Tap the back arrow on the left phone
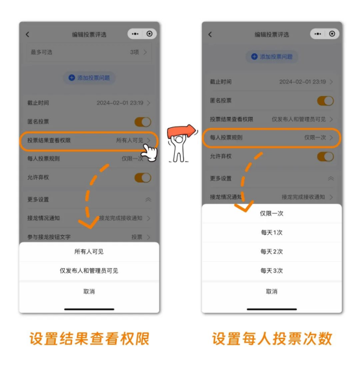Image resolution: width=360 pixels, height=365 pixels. (x=27, y=34)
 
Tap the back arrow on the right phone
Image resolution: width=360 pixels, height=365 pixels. (x=210, y=34)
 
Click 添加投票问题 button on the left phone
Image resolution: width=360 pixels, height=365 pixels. (x=89, y=78)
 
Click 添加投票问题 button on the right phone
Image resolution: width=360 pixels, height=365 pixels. (x=272, y=57)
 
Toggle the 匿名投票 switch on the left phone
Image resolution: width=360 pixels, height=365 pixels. (x=143, y=121)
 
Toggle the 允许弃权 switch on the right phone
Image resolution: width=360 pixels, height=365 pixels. (x=326, y=157)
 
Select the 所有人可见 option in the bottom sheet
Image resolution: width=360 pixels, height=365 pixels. (x=89, y=251)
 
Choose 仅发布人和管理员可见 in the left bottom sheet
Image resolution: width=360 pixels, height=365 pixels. (x=89, y=271)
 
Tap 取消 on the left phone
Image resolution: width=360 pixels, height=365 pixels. (x=89, y=292)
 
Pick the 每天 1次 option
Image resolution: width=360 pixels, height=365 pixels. (x=272, y=233)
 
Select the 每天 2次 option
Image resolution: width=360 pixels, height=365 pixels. (x=272, y=251)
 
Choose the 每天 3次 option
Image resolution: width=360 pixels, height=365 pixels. (x=272, y=271)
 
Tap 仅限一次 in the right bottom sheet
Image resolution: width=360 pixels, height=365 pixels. (x=272, y=214)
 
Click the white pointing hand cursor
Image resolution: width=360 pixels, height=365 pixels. (x=149, y=153)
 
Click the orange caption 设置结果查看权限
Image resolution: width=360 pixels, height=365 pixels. (x=89, y=338)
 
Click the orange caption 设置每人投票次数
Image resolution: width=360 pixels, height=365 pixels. (x=272, y=338)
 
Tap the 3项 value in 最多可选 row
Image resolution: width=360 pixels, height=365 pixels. (x=135, y=52)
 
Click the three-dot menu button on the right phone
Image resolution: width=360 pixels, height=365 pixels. (x=318, y=34)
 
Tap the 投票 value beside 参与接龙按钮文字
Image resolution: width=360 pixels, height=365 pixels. (x=136, y=237)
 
